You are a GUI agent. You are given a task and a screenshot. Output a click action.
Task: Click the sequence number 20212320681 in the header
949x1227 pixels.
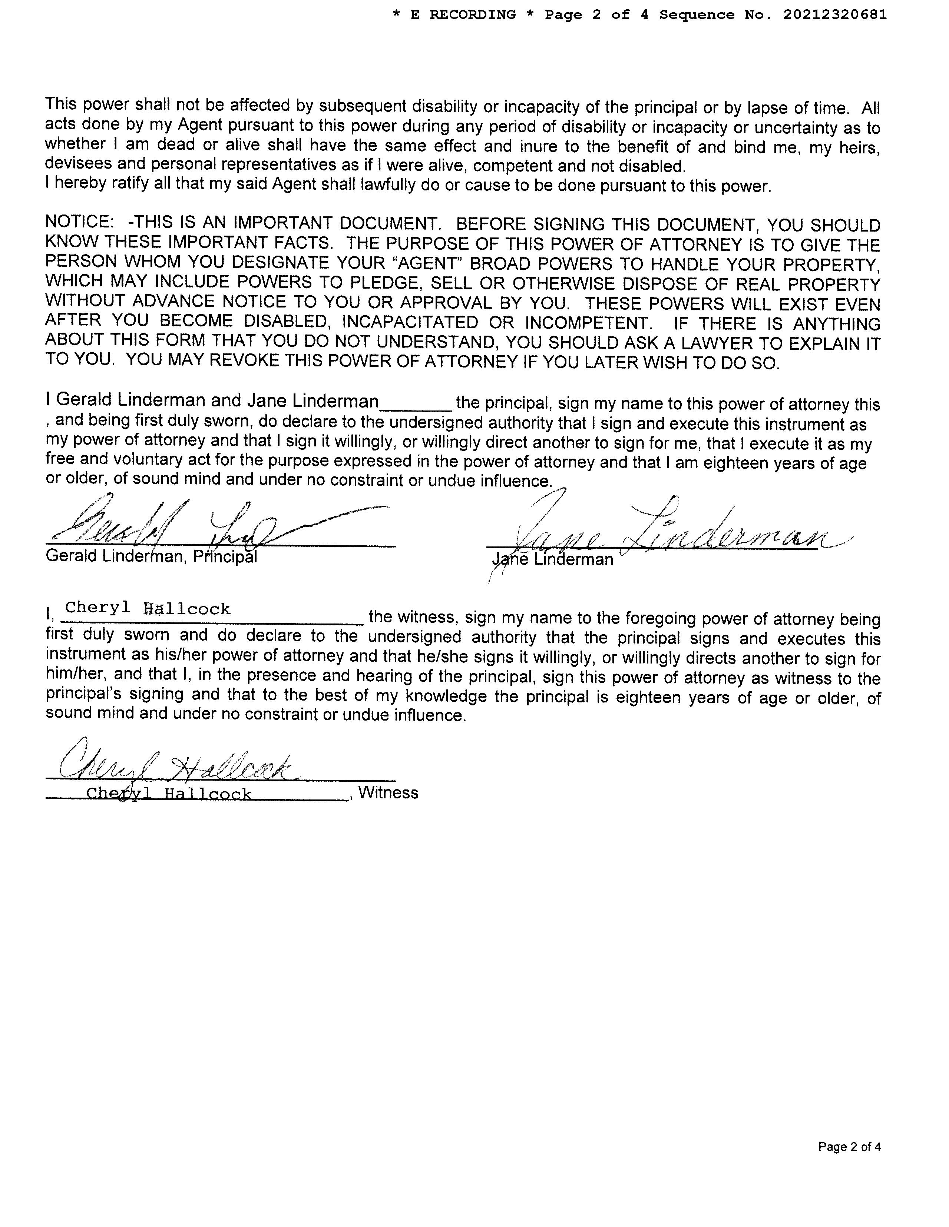pyautogui.click(x=834, y=14)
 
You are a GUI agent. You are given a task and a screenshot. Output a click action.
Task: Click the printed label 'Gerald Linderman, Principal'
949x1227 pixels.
pyautogui.click(x=151, y=556)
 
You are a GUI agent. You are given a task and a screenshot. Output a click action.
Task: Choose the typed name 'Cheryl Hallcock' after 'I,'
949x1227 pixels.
pyautogui.click(x=147, y=608)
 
